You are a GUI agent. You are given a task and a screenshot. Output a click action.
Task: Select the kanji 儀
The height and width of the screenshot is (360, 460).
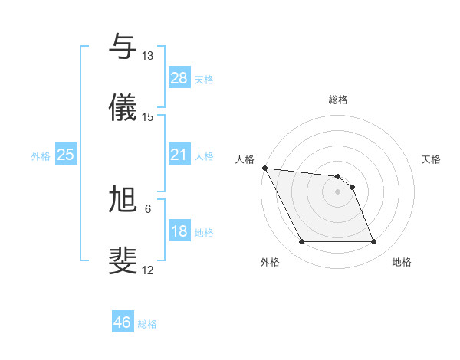point(123,107)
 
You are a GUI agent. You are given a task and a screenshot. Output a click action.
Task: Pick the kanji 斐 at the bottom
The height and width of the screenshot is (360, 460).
point(123,260)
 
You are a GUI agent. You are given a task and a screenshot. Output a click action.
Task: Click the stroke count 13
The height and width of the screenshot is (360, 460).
point(147,56)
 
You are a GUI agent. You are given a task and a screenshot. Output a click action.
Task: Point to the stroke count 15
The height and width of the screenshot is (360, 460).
point(147,117)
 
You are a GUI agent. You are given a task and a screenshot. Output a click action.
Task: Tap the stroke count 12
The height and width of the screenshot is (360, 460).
point(147,270)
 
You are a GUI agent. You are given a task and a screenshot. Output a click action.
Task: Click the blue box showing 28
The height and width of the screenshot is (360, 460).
point(179,78)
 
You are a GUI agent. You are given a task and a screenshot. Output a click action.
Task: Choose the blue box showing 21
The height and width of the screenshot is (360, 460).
point(179,155)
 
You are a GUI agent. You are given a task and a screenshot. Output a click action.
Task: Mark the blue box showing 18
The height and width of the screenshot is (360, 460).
point(179,231)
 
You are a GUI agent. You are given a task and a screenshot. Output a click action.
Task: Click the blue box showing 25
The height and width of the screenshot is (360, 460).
point(66,155)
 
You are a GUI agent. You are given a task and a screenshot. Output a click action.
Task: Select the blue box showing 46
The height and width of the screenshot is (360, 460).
point(123,322)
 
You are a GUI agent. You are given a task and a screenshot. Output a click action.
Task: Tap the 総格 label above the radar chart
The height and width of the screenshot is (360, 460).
point(338,100)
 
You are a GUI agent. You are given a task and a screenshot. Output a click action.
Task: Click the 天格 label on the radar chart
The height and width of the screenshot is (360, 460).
point(432,159)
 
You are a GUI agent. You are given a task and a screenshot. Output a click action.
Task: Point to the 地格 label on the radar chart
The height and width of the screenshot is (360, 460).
point(402,262)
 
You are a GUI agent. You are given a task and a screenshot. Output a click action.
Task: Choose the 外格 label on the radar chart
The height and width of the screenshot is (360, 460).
point(270,262)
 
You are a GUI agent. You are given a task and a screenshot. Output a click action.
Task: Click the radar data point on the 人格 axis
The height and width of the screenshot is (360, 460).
point(264,168)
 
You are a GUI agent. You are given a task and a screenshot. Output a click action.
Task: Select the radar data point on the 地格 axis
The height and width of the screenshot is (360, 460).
point(373,242)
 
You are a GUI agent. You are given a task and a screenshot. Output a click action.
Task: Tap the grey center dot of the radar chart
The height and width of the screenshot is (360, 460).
point(337,191)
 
